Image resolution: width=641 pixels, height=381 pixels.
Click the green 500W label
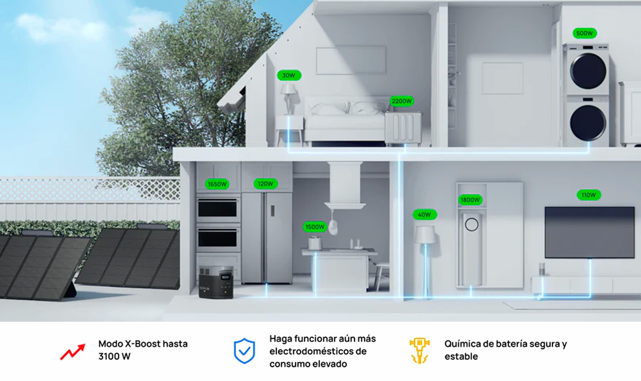pos(585,33)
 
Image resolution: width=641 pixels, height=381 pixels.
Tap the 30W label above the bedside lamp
pos(289,75)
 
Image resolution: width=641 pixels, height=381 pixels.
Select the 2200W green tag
pos(401,101)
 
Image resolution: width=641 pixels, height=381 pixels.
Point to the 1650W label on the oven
pos(217,184)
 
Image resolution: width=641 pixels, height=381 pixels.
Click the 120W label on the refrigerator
pos(266,184)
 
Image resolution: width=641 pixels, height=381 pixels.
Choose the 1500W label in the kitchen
pos(315,227)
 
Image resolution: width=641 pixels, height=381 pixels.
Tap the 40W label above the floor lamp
pos(424,214)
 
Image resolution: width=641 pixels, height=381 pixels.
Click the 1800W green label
pos(470,200)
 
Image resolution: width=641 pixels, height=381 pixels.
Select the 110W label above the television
pos(589,195)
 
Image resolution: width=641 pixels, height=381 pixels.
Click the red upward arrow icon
pos(73,351)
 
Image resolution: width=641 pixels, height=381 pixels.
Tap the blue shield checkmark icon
pos(244,351)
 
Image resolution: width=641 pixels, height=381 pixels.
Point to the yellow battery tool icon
pos(419,351)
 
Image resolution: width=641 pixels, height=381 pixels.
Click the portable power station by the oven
pos(216,282)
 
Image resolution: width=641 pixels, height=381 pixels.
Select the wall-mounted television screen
pos(589,232)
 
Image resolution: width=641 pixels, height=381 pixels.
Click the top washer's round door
pos(588,71)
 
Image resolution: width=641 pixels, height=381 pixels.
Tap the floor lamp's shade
pos(425,235)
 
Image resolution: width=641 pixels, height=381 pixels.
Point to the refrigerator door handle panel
pos(273,211)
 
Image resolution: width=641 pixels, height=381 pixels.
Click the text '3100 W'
pos(115,357)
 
